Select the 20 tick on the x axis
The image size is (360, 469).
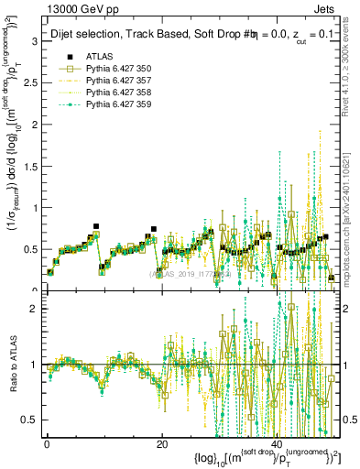tap(162, 443)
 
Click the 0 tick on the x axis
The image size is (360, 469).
tap(47, 443)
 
